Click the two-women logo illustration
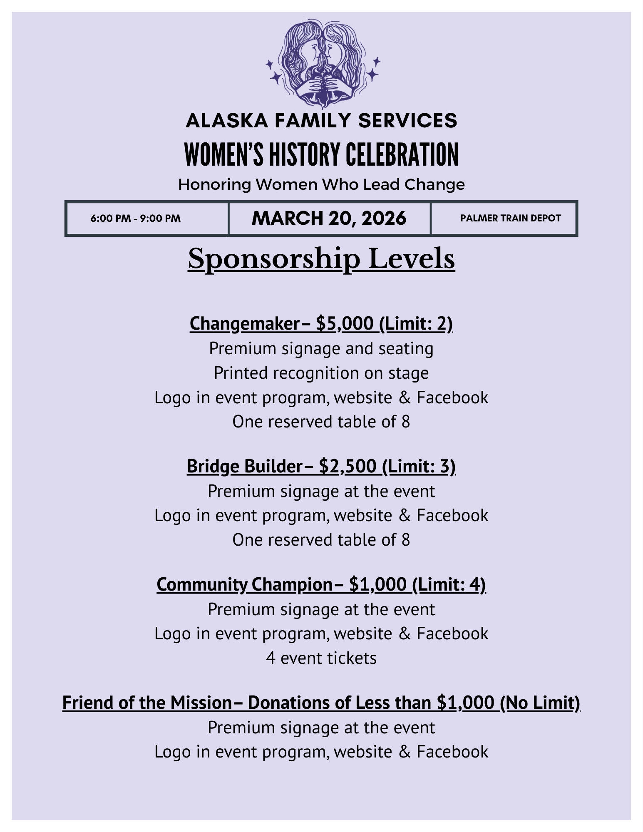322,64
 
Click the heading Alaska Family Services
321,121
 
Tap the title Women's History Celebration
321,154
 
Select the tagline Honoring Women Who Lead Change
321,184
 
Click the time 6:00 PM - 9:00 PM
136,219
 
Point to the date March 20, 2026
329,219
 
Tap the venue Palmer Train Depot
510,219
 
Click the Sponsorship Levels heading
321,259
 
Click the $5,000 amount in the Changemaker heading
345,323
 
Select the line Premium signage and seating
321,349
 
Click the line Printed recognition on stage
321,373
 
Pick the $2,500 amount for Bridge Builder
348,466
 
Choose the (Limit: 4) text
449,584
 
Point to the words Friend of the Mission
147,703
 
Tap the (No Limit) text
540,703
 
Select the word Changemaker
245,323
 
